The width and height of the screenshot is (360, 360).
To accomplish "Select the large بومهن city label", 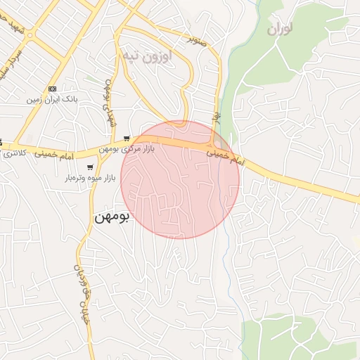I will [112, 217].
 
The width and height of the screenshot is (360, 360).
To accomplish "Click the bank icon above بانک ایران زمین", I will [52, 89].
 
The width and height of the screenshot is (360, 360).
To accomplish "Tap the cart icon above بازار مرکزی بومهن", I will [126, 138].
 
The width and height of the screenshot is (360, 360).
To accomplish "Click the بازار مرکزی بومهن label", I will [127, 149].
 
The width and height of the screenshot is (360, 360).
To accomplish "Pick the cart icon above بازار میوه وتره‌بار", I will [90, 167].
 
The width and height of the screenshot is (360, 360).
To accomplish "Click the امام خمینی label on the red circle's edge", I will [224, 155].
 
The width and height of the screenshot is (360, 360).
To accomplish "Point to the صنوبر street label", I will [198, 37].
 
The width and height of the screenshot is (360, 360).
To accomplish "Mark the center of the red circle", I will [180, 179].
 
